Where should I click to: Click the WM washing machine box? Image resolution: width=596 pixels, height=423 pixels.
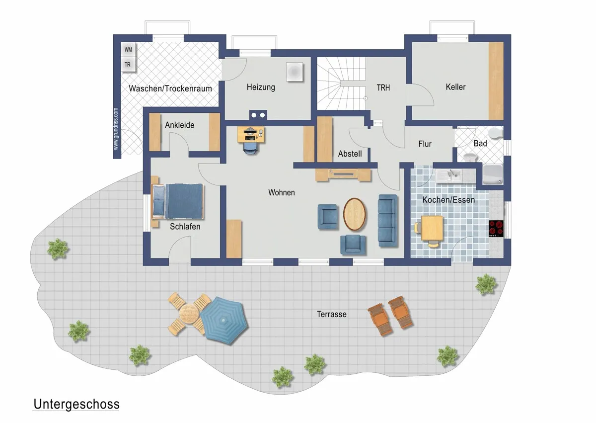(x=128, y=50)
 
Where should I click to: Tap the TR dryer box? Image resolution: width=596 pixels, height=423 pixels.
(x=128, y=65)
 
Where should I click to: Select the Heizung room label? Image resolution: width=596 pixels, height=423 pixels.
(x=261, y=87)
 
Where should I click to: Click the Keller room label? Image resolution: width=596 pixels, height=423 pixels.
(x=455, y=87)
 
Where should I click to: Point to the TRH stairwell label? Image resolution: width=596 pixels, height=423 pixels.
(x=383, y=87)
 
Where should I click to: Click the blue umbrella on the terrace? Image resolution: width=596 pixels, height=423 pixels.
(x=224, y=321)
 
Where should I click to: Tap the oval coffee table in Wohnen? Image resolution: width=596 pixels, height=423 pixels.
(x=354, y=214)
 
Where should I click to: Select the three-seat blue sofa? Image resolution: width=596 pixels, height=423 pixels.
(x=388, y=221)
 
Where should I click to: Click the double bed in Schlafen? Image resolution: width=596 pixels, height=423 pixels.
(x=177, y=201)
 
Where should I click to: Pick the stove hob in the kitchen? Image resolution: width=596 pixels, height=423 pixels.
(x=496, y=229)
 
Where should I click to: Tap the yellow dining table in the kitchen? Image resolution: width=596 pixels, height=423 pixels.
(x=432, y=228)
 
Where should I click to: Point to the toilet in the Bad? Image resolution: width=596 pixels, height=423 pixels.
(x=496, y=133)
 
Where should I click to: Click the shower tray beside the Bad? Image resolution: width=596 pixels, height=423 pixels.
(x=493, y=174)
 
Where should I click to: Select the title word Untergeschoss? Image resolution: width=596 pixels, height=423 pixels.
(x=76, y=405)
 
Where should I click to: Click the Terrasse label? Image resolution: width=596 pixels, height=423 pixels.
(x=332, y=314)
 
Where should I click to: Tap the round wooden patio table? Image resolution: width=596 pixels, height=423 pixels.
(x=189, y=314)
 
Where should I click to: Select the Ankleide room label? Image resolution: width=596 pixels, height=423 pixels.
(x=180, y=125)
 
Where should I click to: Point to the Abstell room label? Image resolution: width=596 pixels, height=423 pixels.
(x=350, y=154)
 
